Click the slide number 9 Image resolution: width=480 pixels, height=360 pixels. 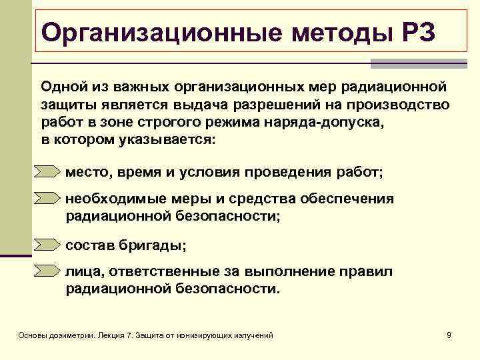(449, 335)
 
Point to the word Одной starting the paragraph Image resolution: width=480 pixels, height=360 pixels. (61, 88)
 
